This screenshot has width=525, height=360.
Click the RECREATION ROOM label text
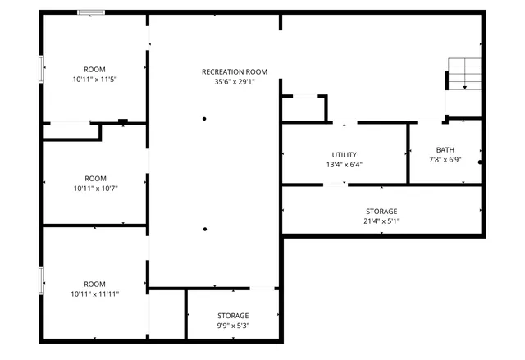(235, 72)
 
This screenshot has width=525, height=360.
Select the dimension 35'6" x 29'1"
(235, 82)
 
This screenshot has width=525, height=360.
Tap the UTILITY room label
(344, 154)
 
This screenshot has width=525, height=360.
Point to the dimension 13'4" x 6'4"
(344, 164)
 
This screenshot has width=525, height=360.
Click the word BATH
(445, 149)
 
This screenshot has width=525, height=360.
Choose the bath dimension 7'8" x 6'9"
(445, 159)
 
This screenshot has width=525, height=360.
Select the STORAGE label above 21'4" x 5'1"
(381, 211)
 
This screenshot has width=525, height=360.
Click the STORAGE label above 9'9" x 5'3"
(233, 316)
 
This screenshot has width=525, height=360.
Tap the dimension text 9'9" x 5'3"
(233, 326)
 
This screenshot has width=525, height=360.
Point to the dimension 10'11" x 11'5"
(95, 79)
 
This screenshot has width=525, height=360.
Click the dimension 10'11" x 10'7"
(95, 188)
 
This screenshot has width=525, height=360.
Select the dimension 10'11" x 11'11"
(95, 293)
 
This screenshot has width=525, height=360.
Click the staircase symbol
(463, 75)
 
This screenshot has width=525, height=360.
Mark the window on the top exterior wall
(90, 12)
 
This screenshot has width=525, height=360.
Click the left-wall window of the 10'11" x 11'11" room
(42, 280)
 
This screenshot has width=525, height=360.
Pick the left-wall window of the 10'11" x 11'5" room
(42, 68)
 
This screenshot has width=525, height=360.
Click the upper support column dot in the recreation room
(205, 119)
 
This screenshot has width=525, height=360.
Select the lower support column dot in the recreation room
(205, 229)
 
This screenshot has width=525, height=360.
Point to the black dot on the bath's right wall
(481, 162)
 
